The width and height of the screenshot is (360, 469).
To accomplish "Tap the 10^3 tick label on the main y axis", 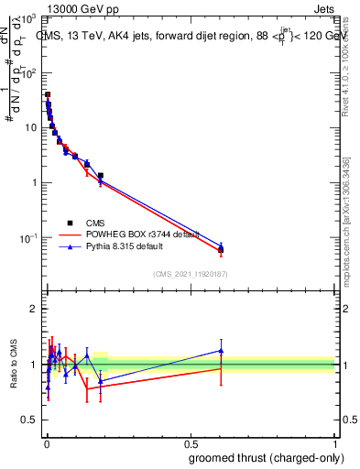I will point(29,19).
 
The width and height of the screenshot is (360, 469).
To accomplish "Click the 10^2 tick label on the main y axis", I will point(29,73).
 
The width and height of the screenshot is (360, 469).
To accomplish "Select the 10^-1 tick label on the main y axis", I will point(28,237).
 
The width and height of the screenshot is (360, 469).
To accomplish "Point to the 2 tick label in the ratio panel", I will point(33,309).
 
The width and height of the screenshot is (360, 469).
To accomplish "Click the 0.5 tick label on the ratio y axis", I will point(30,421).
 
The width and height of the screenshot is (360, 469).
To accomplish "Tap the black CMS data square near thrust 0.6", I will point(221,250).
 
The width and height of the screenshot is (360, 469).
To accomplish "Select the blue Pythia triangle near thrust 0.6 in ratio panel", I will point(221,351).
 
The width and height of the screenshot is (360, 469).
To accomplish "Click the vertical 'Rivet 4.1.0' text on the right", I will point(345,69).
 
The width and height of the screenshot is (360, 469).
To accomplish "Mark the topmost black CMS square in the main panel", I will point(48,94).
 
